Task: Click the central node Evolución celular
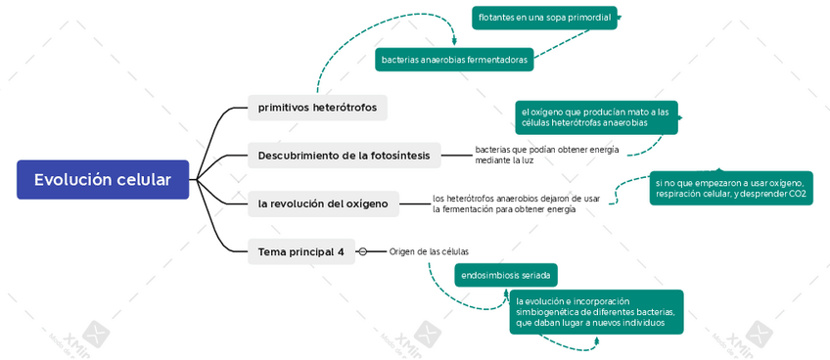point(103,180)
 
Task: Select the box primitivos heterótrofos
point(317,107)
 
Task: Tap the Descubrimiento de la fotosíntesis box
point(344,156)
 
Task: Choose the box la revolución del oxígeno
point(323,203)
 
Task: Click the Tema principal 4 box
point(300,251)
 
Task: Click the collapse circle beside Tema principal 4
point(362,251)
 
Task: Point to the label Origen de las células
point(429,251)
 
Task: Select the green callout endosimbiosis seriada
point(505,275)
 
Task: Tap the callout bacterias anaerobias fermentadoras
point(454,60)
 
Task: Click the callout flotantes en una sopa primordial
point(544,18)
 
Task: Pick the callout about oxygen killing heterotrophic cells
point(595,117)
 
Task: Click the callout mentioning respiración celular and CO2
point(730,188)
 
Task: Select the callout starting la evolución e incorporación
point(595,311)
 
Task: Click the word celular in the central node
point(144,180)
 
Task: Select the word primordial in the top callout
point(589,18)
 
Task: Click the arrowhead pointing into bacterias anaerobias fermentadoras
point(454,43)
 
